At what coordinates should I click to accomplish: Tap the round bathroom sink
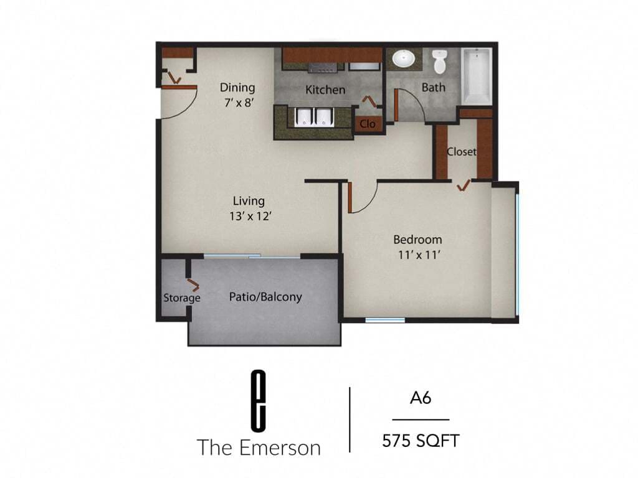pos(404,59)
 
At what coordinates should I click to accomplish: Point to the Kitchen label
pos(325,90)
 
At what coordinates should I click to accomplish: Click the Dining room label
pos(237,88)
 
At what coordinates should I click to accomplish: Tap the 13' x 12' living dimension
pos(249,217)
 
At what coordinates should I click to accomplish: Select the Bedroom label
pos(417,240)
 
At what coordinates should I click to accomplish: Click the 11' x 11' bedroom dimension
pos(417,255)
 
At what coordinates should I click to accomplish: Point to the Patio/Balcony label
pos(265,297)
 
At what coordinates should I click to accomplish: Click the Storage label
pos(182,298)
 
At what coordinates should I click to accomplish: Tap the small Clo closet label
pos(368,124)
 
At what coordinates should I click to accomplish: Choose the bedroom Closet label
pos(462,151)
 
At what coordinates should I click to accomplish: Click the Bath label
pos(434,88)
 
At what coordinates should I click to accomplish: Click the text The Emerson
pos(259,447)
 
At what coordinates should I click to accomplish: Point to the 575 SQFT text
pos(421,441)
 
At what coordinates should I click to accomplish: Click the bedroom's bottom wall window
pos(385,321)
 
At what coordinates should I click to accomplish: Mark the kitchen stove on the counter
pos(322,65)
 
